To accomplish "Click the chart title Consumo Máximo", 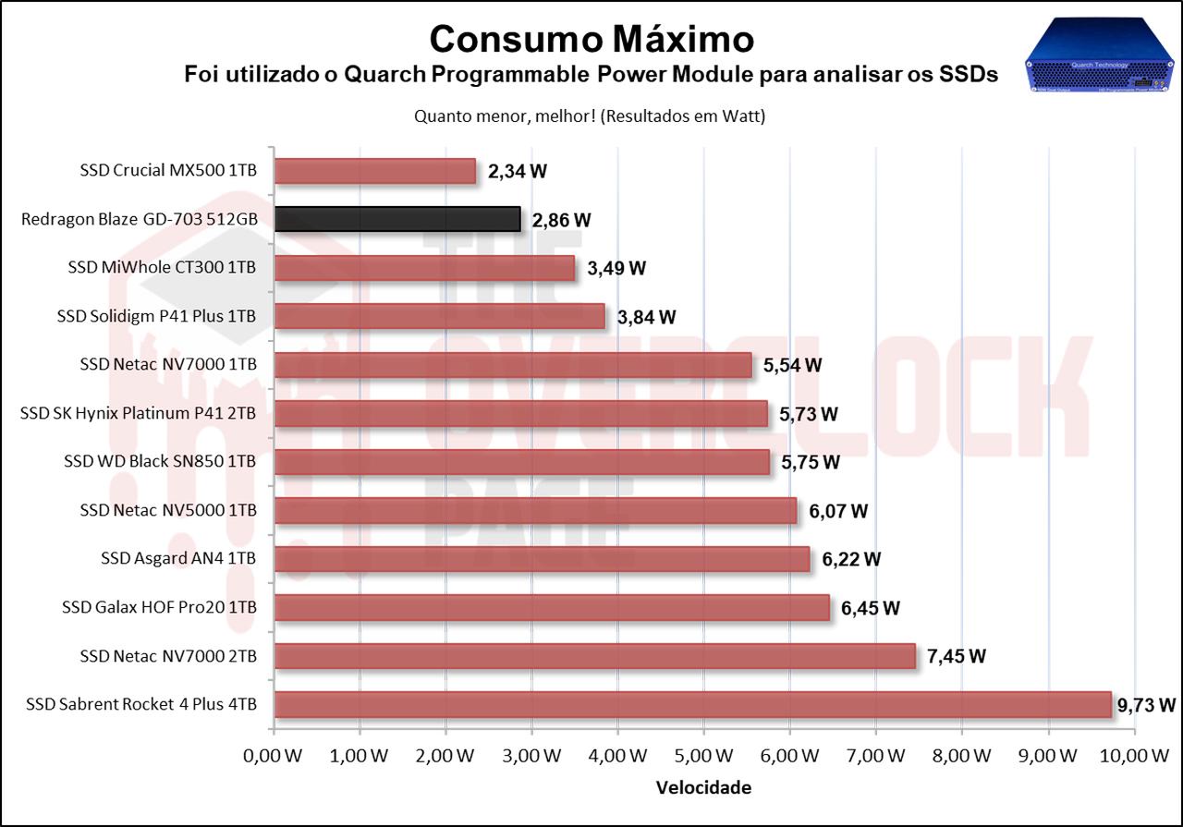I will [591, 39].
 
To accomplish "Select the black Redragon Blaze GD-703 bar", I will [397, 219].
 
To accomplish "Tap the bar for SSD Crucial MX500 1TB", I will [375, 171].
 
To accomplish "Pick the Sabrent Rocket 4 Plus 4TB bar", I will [692, 704].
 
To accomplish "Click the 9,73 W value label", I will [1146, 705].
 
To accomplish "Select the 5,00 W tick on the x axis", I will [704, 756].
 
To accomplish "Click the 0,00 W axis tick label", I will [274, 756].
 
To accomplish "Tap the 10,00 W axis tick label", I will [1134, 756].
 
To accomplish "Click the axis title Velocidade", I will [703, 787].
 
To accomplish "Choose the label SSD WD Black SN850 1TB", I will [160, 461].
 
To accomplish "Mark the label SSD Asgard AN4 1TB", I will [178, 558].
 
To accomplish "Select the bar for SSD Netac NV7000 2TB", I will [594, 656].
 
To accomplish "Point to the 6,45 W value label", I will [871, 608].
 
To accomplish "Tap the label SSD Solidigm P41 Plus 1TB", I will [156, 316].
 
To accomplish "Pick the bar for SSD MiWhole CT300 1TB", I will [424, 268].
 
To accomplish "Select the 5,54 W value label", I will [792, 365].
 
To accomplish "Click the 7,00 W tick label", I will [876, 756].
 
